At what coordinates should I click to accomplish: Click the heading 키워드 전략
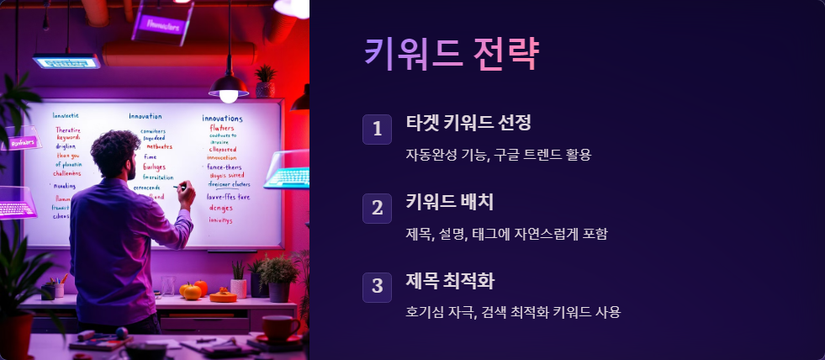point(451,54)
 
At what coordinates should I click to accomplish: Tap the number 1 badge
point(377,129)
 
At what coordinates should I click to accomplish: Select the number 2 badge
point(377,208)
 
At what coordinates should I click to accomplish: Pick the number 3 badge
point(377,286)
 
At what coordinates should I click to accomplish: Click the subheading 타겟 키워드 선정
point(468,123)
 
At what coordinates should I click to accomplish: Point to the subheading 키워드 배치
point(449,202)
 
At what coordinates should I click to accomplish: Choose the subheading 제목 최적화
point(449,280)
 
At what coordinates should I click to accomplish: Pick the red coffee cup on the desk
point(278,326)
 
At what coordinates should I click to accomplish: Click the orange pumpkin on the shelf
point(192,291)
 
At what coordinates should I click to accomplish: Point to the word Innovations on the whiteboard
point(222,119)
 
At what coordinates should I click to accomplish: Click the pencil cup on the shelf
point(59,289)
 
